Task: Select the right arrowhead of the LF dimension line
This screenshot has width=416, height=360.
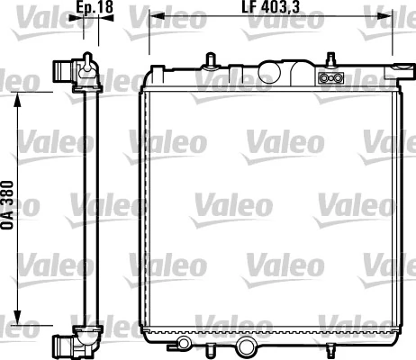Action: pos(393,17)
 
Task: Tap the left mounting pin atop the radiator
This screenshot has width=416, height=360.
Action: pos(210,60)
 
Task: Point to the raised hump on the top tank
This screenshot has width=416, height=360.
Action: pos(276,69)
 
